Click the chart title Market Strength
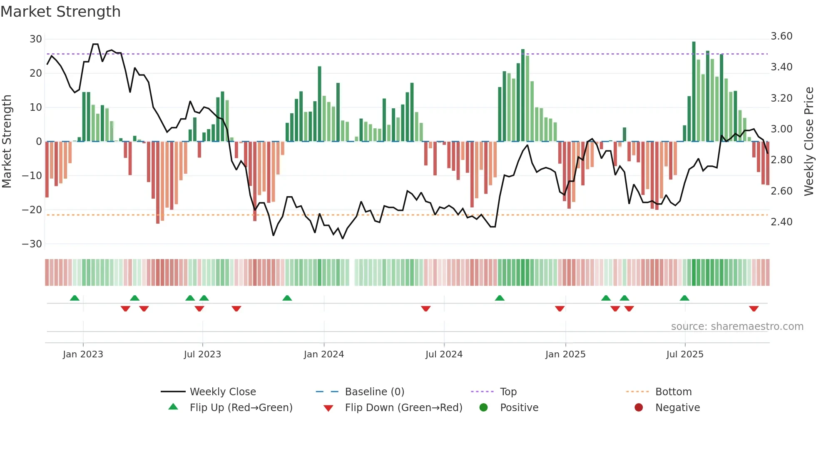[60, 12]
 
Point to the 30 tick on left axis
[36, 39]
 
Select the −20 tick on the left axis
[32, 210]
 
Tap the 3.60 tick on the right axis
[781, 36]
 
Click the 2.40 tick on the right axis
[781, 222]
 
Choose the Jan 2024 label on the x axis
[323, 354]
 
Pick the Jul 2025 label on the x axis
[684, 354]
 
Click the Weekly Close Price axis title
[809, 141]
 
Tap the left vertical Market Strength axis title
[7, 141]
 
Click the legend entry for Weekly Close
[223, 392]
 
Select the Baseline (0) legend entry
[374, 392]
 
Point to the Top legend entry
[508, 392]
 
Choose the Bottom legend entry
[673, 392]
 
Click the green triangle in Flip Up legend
[173, 407]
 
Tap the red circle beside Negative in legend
[638, 407]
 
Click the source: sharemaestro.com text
[737, 327]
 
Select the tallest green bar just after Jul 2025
[694, 92]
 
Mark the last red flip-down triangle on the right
[754, 309]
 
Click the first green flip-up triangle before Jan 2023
[75, 298]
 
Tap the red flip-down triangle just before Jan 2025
[560, 309]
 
